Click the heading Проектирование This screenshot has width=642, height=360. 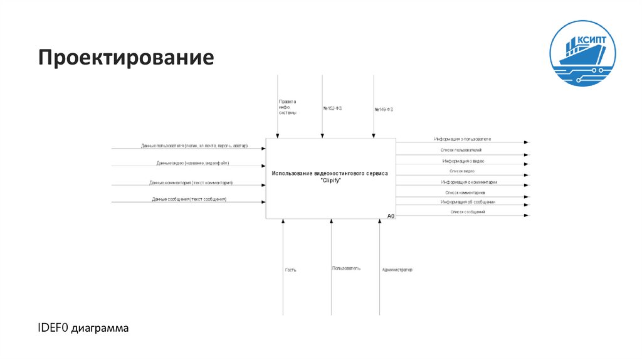[126, 58]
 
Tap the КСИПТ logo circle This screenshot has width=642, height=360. [582, 50]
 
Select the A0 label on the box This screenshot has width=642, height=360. [391, 216]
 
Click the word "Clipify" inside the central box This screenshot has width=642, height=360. [330, 180]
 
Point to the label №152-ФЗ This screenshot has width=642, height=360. [332, 108]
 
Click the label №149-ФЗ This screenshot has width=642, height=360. [384, 109]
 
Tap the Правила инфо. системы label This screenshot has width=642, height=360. [288, 107]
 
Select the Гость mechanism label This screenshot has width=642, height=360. [290, 270]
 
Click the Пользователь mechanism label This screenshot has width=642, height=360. [346, 268]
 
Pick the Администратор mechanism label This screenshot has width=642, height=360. [397, 270]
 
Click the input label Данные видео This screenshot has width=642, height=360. [193, 163]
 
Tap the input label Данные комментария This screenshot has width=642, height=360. [191, 183]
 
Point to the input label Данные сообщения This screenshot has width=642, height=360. [189, 199]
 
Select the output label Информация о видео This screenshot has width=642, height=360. [463, 161]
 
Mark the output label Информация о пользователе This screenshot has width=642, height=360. [462, 139]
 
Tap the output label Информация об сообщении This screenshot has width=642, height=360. [468, 202]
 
